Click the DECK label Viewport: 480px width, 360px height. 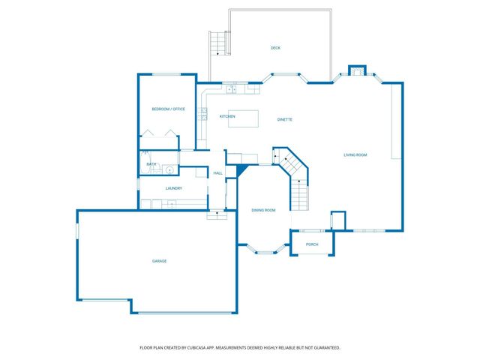[275, 48]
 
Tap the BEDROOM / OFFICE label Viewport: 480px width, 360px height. [168, 109]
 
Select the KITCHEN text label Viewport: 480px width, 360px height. [227, 117]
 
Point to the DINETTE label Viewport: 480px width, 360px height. [284, 119]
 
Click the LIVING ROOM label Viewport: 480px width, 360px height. [355, 155]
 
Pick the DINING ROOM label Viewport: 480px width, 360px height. [263, 210]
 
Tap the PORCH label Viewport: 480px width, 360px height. [312, 244]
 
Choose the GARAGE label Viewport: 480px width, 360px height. [159, 261]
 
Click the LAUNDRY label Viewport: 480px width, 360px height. [174, 188]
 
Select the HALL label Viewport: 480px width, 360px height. [217, 173]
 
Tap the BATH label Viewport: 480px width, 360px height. [151, 164]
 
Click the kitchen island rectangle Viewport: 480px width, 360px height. [247, 118]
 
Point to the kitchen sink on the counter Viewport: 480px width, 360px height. [232, 90]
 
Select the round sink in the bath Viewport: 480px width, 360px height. [169, 169]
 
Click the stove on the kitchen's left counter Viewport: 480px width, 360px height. [203, 114]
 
